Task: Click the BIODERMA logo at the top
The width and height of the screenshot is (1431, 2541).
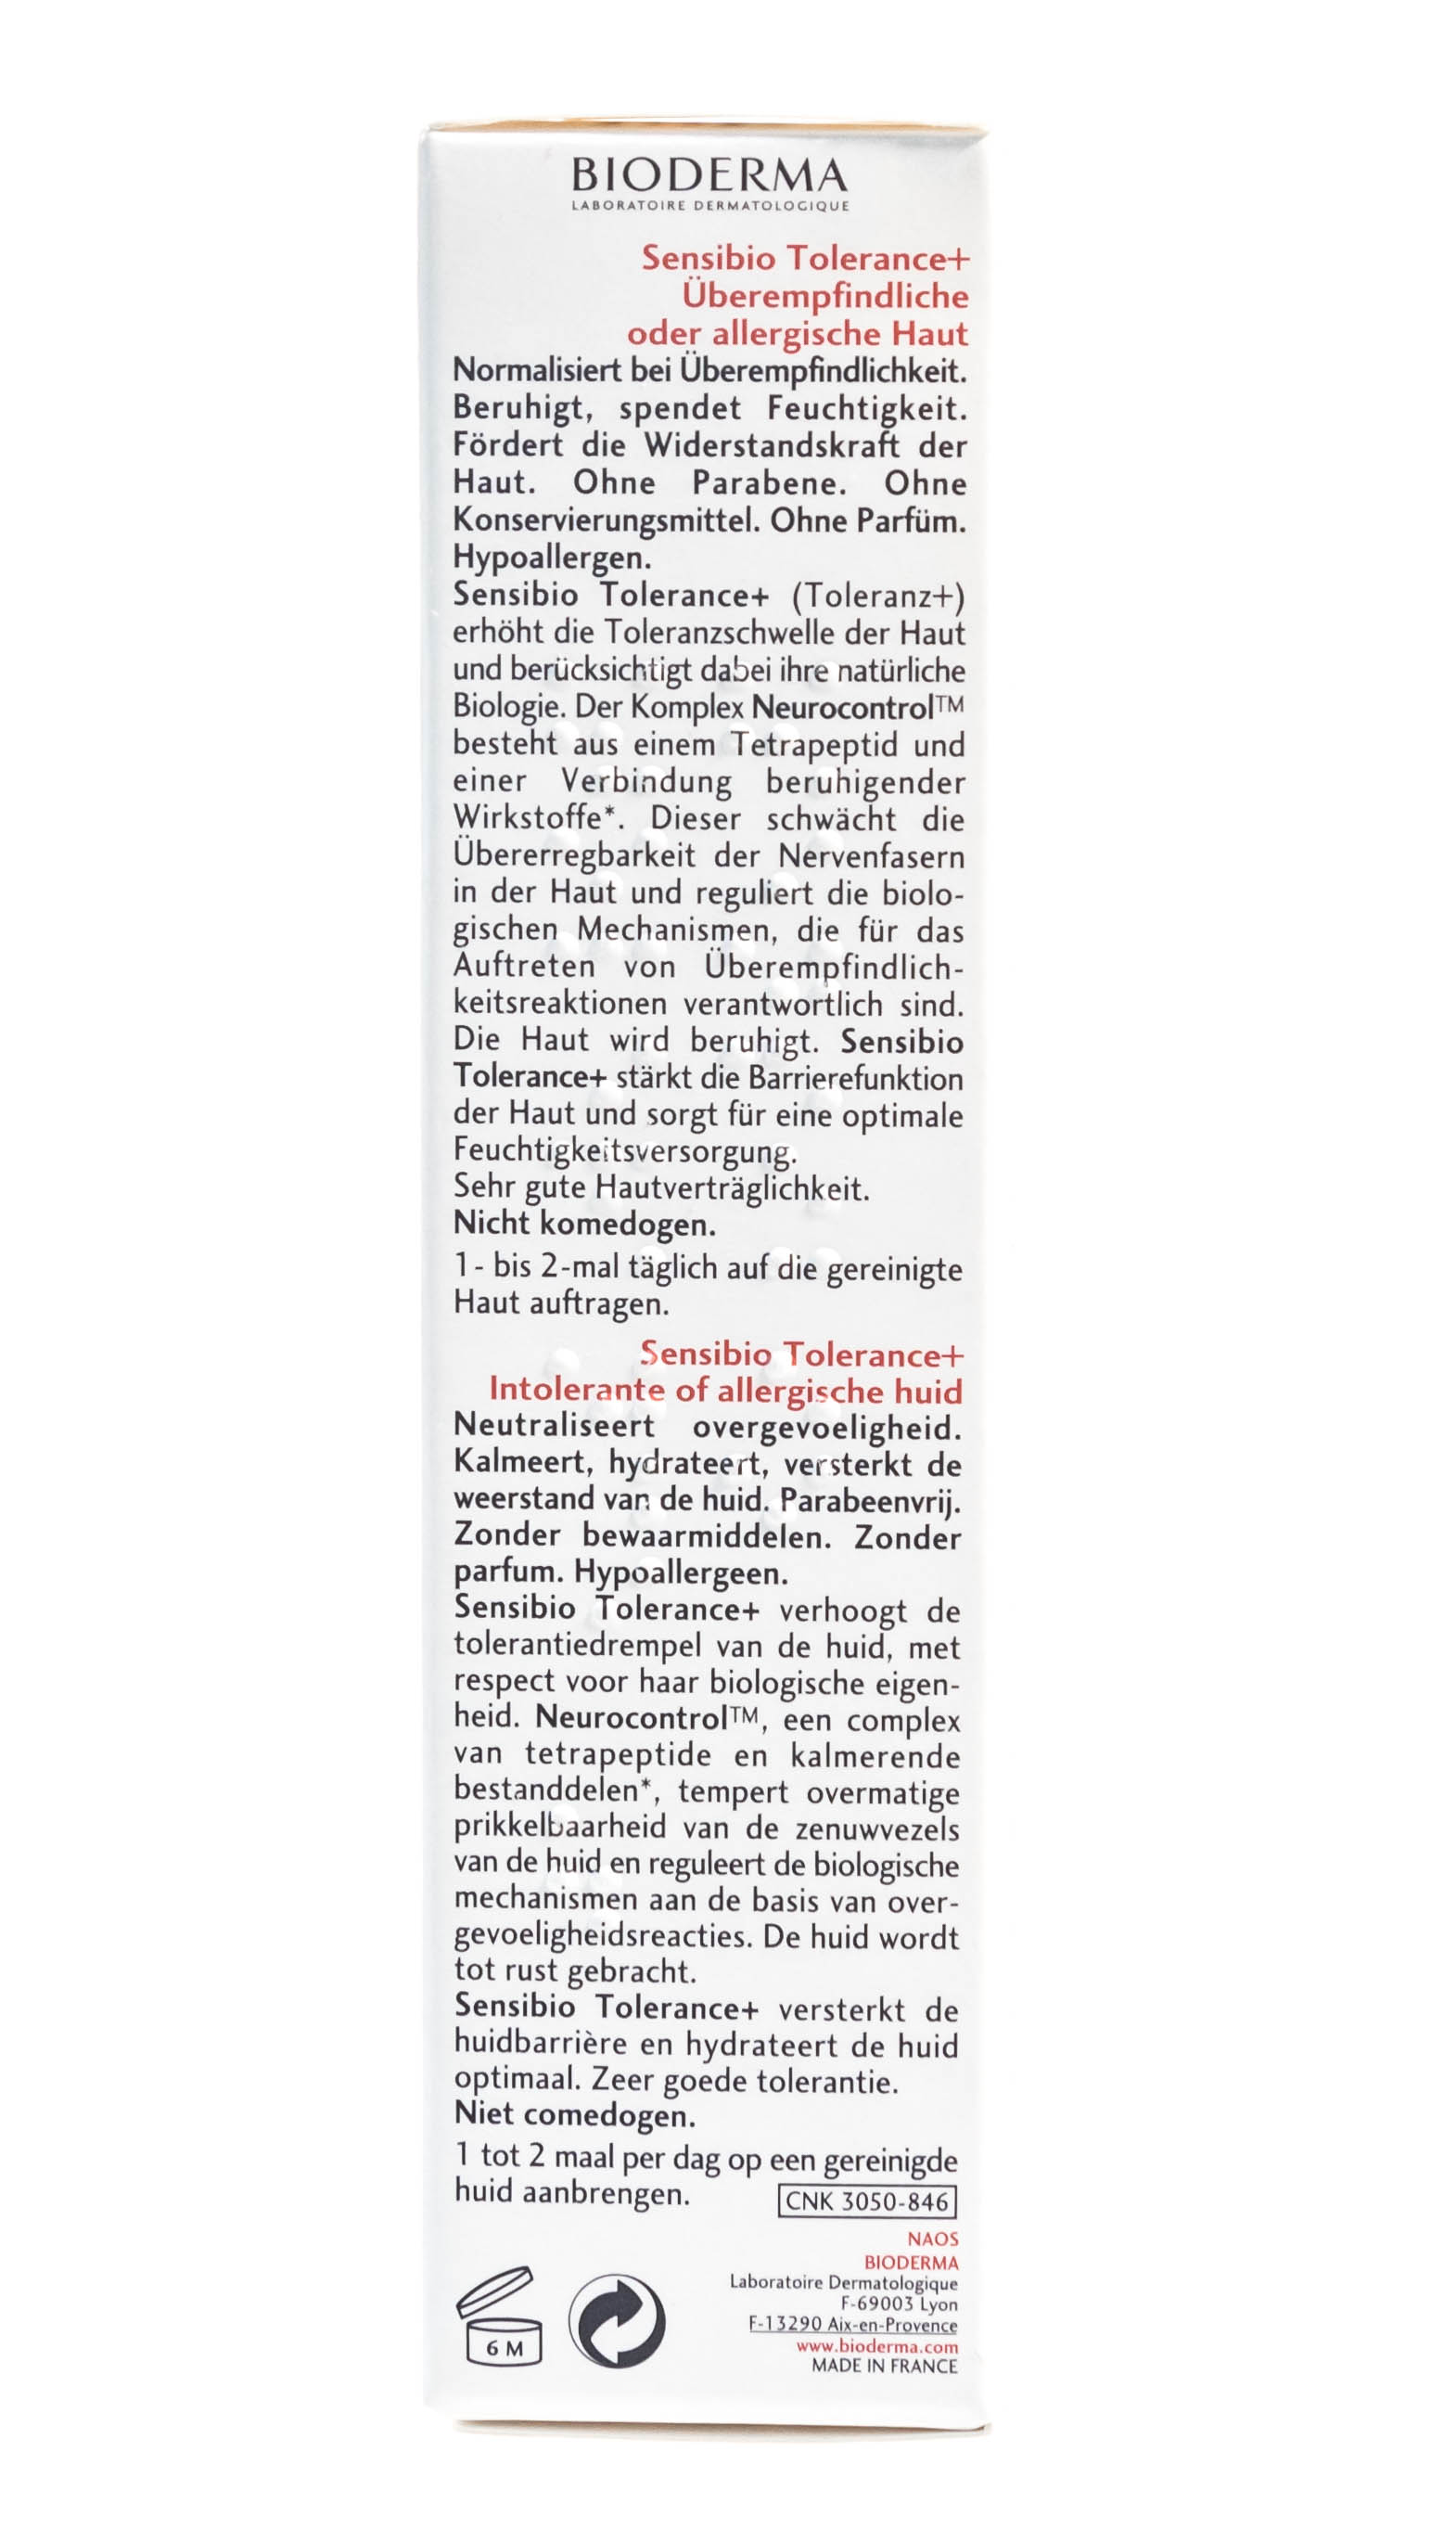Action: pyautogui.click(x=709, y=175)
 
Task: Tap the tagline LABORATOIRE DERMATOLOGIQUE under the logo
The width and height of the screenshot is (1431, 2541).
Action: pyautogui.click(x=709, y=206)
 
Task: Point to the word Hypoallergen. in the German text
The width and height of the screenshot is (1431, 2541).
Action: pyautogui.click(x=551, y=558)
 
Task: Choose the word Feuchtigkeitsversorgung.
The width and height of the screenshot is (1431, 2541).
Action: pyautogui.click(x=624, y=1151)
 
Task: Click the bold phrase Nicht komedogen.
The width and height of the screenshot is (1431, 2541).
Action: pyautogui.click(x=584, y=1225)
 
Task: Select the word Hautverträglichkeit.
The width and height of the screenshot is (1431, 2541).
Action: pyautogui.click(x=732, y=1188)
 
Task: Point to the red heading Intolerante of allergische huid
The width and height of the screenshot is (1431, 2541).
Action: pyautogui.click(x=725, y=1391)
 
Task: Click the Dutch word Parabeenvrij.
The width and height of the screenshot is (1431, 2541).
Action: pyautogui.click(x=870, y=1500)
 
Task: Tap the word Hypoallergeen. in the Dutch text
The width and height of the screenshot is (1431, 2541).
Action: pyautogui.click(x=682, y=1572)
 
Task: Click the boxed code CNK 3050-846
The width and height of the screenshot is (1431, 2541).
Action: pyautogui.click(x=867, y=2201)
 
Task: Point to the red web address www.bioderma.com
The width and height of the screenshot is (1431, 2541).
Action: pyautogui.click(x=876, y=2347)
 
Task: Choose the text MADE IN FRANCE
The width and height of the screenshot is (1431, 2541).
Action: pyautogui.click(x=884, y=2366)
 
